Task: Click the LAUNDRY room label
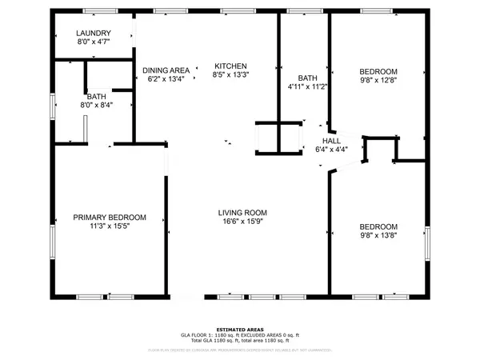click(x=93, y=33)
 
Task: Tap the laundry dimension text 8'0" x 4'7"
click(x=93, y=41)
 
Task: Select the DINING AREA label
click(x=166, y=70)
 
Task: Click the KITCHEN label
click(x=230, y=66)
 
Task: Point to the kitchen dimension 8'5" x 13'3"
click(x=230, y=75)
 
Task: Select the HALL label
click(x=331, y=139)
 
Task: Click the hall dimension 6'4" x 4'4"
click(x=331, y=148)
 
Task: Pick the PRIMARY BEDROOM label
click(x=110, y=218)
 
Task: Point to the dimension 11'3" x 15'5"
click(x=110, y=226)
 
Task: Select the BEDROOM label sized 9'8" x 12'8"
click(x=378, y=71)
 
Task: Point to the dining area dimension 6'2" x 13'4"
click(x=166, y=79)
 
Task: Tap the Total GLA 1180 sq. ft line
click(x=240, y=342)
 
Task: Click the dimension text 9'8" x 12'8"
click(x=378, y=80)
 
